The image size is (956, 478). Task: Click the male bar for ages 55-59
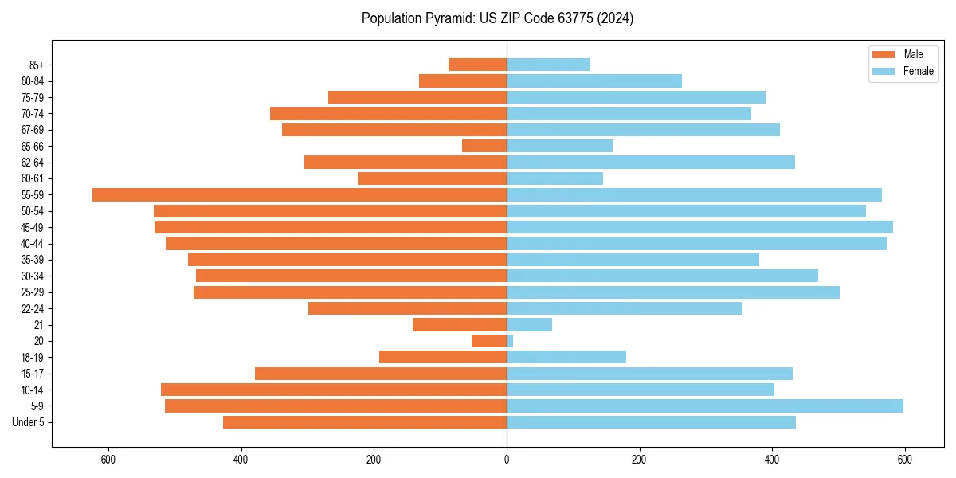tap(300, 194)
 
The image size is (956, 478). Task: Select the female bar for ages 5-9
tap(705, 406)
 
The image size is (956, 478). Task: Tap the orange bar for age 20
tap(489, 341)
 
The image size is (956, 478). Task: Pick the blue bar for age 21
tap(529, 324)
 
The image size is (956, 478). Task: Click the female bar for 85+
tap(548, 65)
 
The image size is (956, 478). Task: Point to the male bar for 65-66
tap(484, 146)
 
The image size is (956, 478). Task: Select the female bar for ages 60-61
tap(554, 178)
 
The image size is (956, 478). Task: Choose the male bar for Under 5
tap(365, 422)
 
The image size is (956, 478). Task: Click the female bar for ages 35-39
tap(633, 260)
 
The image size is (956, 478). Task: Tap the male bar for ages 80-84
tap(463, 80)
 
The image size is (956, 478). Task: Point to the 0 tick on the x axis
tap(507, 460)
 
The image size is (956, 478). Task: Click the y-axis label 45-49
tap(32, 227)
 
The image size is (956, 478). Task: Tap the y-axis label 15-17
tap(32, 374)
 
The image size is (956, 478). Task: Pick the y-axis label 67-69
tap(32, 130)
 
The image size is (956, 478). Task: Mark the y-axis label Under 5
tap(29, 422)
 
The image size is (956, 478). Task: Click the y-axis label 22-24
tap(32, 308)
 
